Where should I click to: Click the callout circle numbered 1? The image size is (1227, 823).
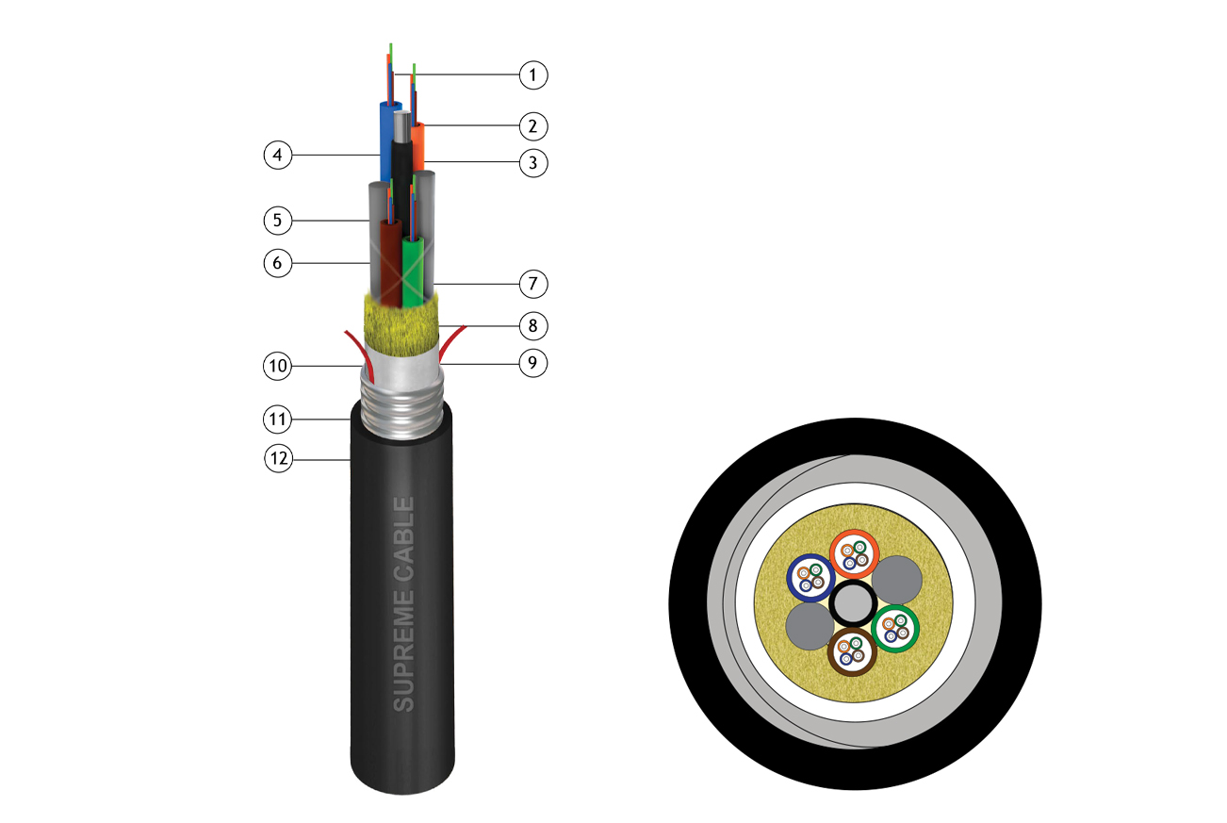coord(533,75)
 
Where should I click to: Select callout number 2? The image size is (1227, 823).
coord(533,126)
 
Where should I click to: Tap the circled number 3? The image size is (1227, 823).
coord(533,163)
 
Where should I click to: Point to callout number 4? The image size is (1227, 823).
coord(278,155)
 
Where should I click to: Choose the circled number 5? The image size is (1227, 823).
coord(278,221)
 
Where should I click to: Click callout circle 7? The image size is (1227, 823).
coord(533,284)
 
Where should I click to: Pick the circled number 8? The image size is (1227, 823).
coord(533,326)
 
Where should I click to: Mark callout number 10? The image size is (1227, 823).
coord(278,366)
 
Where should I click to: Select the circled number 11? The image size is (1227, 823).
coord(278,420)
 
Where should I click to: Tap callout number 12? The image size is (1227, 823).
coord(278,458)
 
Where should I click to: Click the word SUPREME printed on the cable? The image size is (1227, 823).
coord(403,650)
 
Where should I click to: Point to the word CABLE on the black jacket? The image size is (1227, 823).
coord(403,539)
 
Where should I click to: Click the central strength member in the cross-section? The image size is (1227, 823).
coord(853,603)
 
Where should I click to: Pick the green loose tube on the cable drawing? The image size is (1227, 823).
coord(413,272)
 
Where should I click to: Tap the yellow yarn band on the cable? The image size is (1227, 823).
coord(401,325)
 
